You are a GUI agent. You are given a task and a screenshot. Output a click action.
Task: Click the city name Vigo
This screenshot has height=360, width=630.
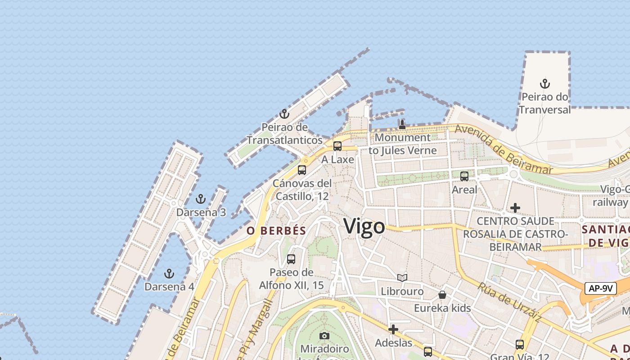pos(364,226)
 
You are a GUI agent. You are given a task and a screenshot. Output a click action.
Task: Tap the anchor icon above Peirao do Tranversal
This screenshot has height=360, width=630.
pos(545,84)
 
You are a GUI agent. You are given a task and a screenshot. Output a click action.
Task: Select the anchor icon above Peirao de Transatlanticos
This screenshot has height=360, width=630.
pos(284,114)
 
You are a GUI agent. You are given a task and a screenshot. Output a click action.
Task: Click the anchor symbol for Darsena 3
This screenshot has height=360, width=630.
pos(201,199)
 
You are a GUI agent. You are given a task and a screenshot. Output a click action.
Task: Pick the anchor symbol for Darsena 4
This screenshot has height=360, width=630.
pos(169,273)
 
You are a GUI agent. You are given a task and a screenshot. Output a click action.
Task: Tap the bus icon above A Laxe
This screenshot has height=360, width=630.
pos(337,146)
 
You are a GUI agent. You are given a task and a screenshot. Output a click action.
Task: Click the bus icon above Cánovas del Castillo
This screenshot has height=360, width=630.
pos(302,170)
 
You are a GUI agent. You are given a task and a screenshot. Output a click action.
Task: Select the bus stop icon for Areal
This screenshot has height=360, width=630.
pos(464,176)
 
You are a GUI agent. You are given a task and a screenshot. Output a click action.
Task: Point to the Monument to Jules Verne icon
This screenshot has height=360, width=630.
pos(402,125)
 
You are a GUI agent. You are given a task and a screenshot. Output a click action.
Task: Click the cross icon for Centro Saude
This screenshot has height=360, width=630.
pos(515,208)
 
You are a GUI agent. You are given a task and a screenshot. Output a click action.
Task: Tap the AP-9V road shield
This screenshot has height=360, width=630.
pos(601,288)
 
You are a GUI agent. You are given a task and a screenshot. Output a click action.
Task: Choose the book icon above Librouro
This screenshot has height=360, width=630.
pos(402,278)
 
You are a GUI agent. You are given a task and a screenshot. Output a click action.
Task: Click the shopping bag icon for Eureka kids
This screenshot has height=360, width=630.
pos(442,295)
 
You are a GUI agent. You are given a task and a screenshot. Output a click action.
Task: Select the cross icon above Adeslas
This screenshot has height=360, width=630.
pos(393,329)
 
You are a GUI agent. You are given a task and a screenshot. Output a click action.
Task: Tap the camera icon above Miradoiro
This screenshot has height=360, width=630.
pos(324,336)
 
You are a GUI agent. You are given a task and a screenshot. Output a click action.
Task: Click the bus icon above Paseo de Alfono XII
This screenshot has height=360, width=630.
pos(291,259)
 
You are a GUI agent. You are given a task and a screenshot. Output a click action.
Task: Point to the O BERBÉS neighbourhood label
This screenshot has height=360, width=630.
pos(276,231)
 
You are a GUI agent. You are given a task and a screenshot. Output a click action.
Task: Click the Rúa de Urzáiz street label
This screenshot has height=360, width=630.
pos(509,302)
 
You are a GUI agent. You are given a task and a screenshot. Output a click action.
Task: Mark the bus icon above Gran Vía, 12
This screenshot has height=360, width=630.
pos(520,345)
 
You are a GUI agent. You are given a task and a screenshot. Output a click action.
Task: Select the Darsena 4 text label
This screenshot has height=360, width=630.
pos(169,287)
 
